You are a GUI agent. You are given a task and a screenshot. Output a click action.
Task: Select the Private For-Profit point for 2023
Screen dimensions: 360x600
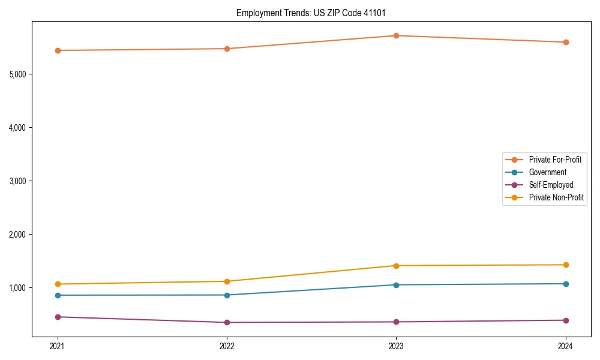[x=396, y=35]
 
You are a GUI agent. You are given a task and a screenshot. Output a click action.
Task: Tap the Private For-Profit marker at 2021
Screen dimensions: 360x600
[x=58, y=50]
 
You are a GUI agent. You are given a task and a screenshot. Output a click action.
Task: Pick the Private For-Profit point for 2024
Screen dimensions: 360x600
[x=566, y=42]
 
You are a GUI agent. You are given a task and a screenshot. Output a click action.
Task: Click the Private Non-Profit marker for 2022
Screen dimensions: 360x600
[x=227, y=281]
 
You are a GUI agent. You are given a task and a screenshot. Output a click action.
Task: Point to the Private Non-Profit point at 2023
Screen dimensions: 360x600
[x=396, y=266]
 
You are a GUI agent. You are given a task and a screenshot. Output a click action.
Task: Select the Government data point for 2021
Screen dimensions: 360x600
[x=58, y=295]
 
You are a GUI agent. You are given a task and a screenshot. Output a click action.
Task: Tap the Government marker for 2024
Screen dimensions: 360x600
[x=566, y=284]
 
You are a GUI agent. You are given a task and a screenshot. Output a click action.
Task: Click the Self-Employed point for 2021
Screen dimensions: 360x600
[x=58, y=317]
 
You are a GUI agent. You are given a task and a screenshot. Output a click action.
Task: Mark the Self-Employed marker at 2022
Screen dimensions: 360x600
[x=227, y=322]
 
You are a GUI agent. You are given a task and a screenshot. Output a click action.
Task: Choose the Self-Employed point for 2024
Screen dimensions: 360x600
[x=566, y=320]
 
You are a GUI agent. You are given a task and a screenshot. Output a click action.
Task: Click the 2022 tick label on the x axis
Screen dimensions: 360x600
[x=227, y=346]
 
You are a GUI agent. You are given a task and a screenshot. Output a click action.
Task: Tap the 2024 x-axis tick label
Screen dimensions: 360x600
[x=566, y=346]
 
